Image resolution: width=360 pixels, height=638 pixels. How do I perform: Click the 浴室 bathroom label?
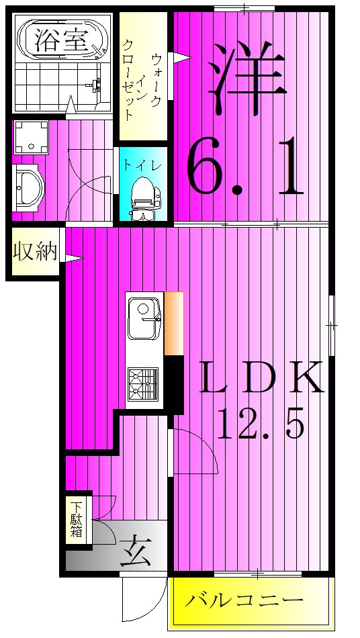pyautogui.click(x=61, y=41)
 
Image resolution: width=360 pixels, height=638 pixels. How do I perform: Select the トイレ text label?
pyautogui.click(x=142, y=167)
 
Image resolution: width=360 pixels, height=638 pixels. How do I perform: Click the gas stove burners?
pyautogui.click(x=143, y=384)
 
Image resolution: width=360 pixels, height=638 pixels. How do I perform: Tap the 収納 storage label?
pyautogui.click(x=34, y=251)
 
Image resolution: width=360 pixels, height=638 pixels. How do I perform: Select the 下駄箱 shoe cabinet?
pyautogui.click(x=76, y=520)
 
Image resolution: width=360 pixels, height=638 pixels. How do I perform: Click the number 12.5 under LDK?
pyautogui.click(x=261, y=423)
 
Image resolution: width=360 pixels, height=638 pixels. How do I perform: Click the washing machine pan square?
pyautogui.click(x=32, y=137)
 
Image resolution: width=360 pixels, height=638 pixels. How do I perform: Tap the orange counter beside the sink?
pyautogui.click(x=174, y=323)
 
